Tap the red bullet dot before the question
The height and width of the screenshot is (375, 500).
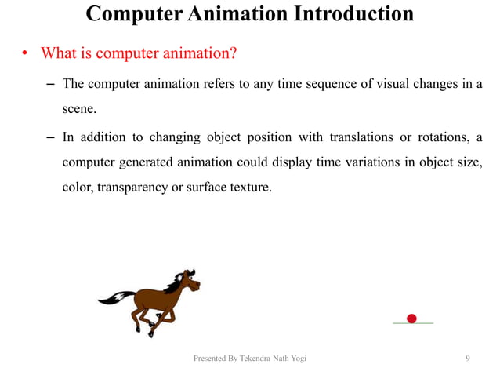pyautogui.click(x=24, y=55)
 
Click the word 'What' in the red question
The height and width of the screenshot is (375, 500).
pyautogui.click(x=58, y=53)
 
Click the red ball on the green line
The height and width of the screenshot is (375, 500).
pyautogui.click(x=411, y=318)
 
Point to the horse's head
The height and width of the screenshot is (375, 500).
pyautogui.click(x=187, y=280)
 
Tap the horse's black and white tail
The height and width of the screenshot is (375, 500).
pyautogui.click(x=114, y=297)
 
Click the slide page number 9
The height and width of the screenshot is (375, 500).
pyautogui.click(x=467, y=359)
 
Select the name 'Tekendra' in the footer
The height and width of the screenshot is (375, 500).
pyautogui.click(x=254, y=359)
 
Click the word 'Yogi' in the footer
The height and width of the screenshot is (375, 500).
pyautogui.click(x=297, y=359)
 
